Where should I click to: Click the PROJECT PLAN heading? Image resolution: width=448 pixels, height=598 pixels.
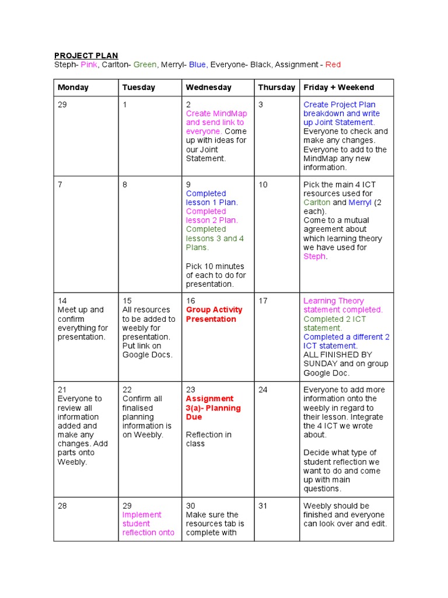(x=86, y=55)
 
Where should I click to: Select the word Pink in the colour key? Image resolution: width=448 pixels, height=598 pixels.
(x=89, y=64)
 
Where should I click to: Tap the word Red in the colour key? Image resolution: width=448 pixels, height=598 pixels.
(x=333, y=64)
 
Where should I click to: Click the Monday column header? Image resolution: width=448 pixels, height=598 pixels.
(x=73, y=88)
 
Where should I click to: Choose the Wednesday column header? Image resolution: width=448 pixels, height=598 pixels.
(x=208, y=88)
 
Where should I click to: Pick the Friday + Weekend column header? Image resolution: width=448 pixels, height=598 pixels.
(x=338, y=88)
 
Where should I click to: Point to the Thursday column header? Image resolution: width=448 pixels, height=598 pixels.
(x=276, y=88)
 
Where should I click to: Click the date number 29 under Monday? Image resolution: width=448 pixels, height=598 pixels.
(x=62, y=105)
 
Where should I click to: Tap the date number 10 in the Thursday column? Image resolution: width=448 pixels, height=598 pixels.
(x=263, y=185)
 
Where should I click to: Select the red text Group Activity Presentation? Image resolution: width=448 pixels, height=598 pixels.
(x=213, y=314)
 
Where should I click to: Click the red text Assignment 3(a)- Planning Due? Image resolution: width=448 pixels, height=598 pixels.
(x=213, y=408)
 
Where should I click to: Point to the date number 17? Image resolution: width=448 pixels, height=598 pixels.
(x=263, y=301)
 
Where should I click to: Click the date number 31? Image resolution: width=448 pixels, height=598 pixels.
(x=263, y=506)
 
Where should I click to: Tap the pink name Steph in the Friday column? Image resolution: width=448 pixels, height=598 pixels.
(x=314, y=256)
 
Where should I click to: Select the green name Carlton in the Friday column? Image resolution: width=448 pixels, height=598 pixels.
(x=317, y=203)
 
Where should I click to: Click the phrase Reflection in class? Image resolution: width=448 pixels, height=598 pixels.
(x=208, y=439)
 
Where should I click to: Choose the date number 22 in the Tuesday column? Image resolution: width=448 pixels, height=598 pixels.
(x=127, y=390)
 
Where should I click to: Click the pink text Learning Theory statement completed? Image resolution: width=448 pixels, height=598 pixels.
(x=342, y=305)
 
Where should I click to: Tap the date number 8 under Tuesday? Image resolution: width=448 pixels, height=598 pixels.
(x=125, y=185)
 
